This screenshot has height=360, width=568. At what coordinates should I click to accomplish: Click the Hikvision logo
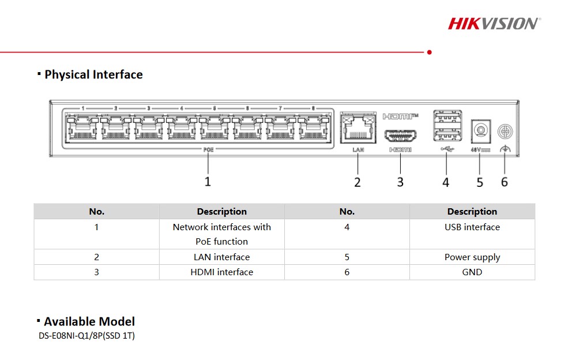pos(494,24)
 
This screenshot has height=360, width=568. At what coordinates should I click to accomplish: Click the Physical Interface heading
pos(93,74)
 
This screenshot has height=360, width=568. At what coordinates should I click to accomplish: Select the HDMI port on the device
pos(400,136)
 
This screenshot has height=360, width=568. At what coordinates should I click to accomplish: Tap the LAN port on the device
pos(358,128)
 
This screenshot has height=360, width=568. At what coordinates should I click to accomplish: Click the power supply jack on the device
pos(481,130)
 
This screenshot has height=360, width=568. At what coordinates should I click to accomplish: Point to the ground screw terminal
pos(505,131)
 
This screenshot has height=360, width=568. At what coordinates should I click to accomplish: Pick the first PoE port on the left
pos(82,128)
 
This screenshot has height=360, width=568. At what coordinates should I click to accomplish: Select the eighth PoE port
pos(313,128)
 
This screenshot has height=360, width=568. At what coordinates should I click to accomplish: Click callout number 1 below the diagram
pos(208,182)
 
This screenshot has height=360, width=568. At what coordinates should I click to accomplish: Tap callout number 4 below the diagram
pos(446,182)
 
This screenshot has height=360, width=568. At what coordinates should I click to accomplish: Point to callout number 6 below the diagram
pos(505,182)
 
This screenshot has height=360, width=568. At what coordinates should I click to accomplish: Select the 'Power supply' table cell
pos(472,257)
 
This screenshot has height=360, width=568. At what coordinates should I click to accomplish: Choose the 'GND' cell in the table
pos(472,272)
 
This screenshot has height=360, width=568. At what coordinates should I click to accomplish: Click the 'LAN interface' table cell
pos(221,257)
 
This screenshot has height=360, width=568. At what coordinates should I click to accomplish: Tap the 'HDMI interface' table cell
pos(221,272)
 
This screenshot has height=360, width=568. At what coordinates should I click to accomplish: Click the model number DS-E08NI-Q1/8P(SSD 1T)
pos(86,336)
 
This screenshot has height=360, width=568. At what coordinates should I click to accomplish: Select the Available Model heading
pos(89,321)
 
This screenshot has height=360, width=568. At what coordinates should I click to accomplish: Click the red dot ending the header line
pos(429,52)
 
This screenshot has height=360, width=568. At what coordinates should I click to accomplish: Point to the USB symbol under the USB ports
pos(447,149)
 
